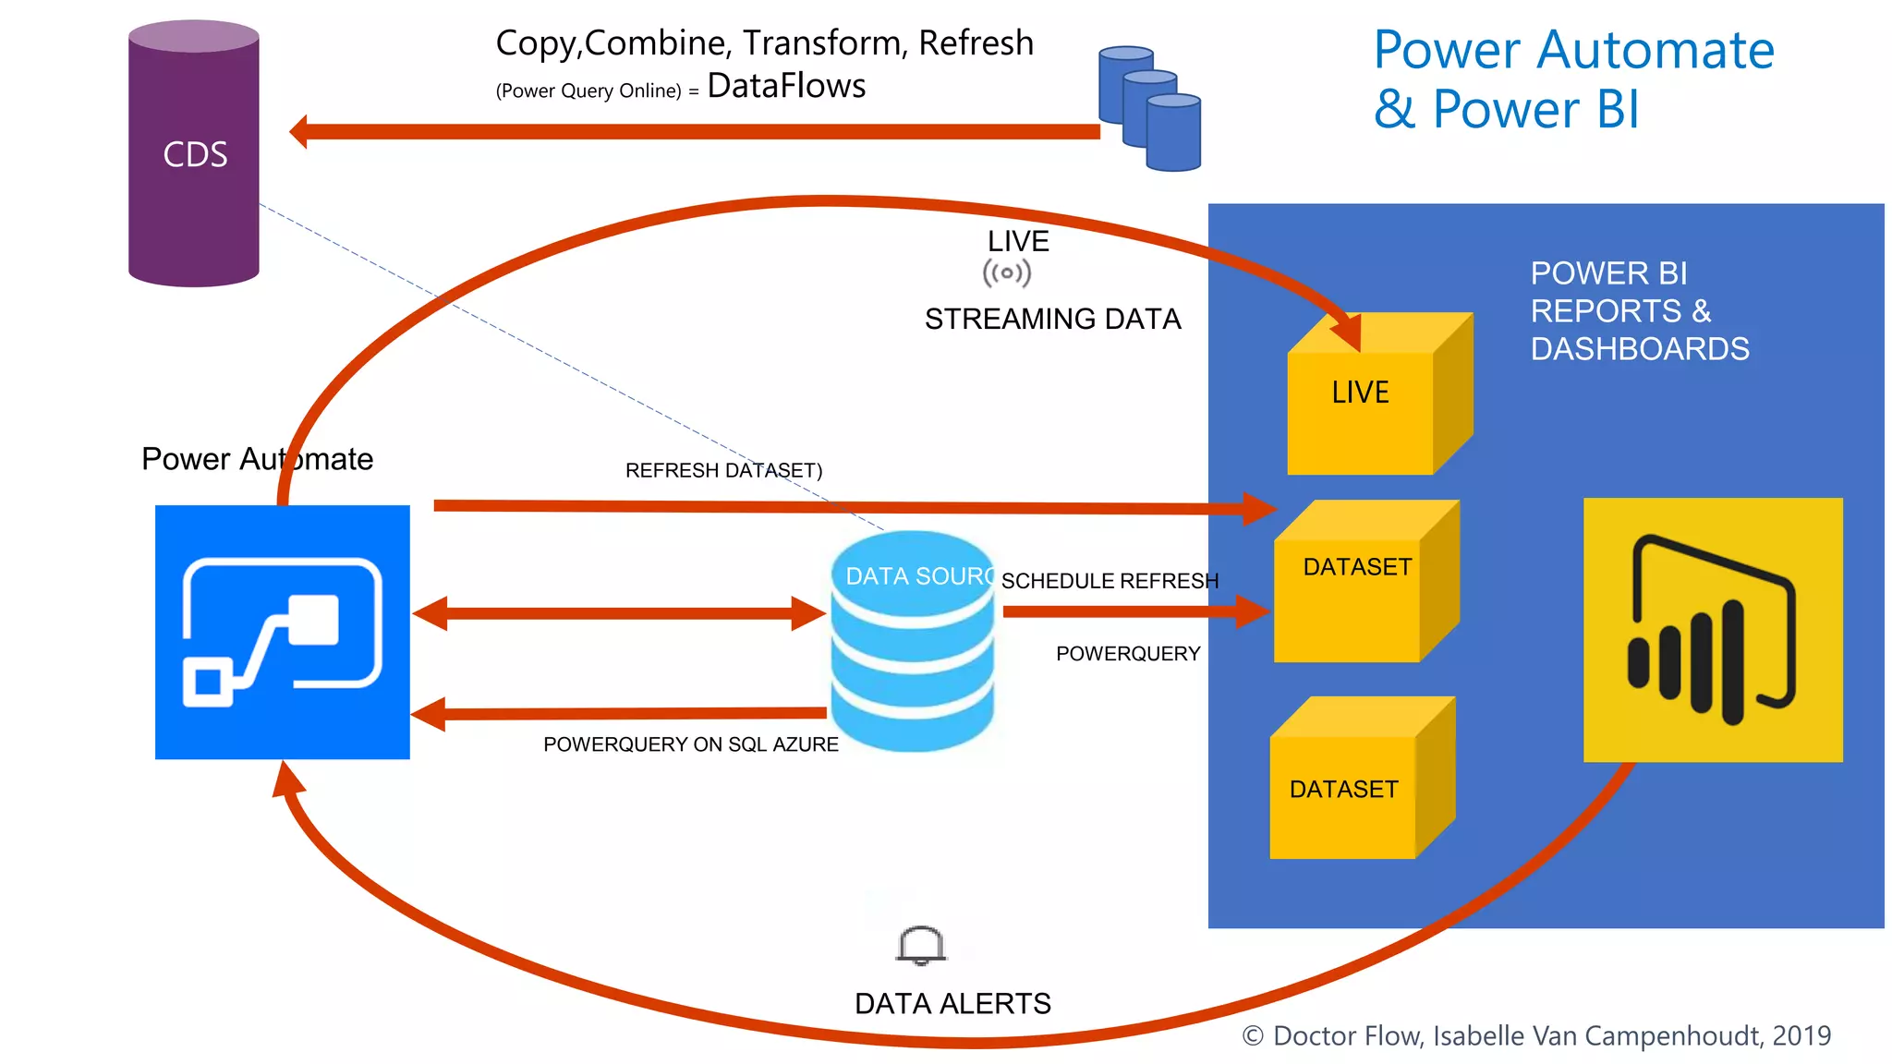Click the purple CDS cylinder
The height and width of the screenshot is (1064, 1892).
(194, 154)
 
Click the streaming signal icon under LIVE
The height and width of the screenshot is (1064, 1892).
(1007, 273)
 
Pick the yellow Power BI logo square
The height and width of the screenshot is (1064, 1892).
(1713, 630)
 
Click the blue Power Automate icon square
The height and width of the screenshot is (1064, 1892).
(283, 632)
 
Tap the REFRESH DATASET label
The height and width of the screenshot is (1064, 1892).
(723, 470)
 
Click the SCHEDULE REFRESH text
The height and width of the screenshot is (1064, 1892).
(1110, 581)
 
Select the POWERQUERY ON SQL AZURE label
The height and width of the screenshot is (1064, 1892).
(690, 744)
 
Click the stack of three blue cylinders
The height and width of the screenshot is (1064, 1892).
(1149, 109)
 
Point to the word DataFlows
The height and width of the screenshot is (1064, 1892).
(786, 86)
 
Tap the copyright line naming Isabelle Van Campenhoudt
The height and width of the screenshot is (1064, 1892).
(1536, 1035)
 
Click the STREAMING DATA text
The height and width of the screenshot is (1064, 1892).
(1052, 319)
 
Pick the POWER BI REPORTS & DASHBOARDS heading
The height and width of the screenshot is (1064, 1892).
(1639, 311)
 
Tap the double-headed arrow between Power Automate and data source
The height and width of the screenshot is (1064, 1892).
(619, 613)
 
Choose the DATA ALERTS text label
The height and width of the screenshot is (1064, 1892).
(952, 1003)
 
